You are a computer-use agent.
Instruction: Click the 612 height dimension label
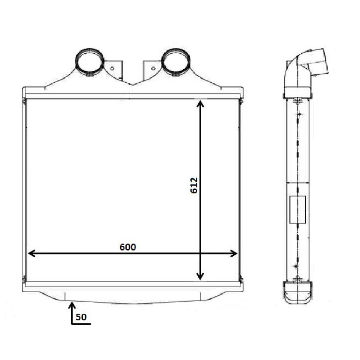click(x=194, y=185)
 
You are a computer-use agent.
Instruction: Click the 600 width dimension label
click(x=128, y=247)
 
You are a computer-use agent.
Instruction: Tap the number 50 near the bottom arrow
click(x=81, y=317)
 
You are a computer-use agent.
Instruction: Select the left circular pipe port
click(x=89, y=62)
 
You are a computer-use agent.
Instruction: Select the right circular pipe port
click(x=176, y=62)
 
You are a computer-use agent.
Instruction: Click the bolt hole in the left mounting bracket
click(x=112, y=68)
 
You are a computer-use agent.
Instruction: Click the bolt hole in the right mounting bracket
click(x=153, y=68)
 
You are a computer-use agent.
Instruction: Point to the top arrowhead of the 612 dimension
click(x=200, y=103)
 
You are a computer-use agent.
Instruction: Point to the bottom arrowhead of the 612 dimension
click(x=200, y=276)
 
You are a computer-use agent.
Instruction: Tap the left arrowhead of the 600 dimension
click(x=31, y=253)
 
